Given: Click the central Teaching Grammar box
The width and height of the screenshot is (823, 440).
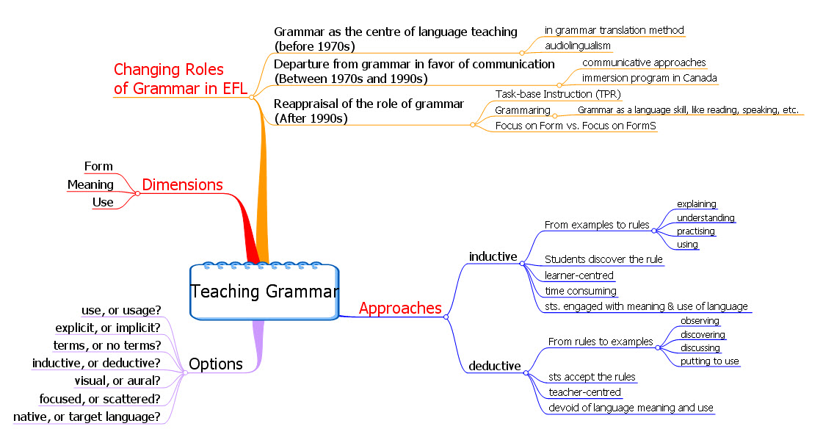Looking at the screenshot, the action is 264,292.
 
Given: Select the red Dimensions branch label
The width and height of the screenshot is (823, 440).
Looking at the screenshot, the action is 182,185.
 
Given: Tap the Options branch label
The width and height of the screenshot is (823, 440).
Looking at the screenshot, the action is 216,364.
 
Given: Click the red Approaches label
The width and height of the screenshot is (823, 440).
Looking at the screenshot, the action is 400,309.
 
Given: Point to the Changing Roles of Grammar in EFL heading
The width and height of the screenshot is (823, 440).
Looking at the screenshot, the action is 180,79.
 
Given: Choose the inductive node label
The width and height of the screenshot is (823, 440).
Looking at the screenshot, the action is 493,256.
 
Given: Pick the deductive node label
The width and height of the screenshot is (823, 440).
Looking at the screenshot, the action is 494,366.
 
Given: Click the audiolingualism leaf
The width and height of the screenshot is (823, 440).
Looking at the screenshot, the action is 577,46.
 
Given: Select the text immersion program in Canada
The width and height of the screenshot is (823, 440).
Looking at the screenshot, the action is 649,79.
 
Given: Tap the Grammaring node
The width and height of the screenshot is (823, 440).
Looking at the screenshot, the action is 522,110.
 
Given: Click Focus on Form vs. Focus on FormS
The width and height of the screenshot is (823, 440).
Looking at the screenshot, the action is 576,126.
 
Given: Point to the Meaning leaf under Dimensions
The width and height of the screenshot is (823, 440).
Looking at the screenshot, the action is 90,185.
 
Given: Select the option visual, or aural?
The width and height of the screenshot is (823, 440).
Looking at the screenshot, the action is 117,381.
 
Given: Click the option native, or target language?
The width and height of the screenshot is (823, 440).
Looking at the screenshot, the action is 87,417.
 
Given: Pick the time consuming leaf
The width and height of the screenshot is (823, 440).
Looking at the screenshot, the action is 581,291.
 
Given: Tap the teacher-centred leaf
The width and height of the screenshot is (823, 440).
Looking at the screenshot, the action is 584,392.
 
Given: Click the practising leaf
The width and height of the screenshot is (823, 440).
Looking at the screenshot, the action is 695,231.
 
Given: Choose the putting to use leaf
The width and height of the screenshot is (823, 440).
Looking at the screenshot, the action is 710,361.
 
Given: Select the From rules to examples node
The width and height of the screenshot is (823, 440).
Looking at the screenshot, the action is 601,342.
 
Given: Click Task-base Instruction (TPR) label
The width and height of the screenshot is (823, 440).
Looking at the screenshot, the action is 558,94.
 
